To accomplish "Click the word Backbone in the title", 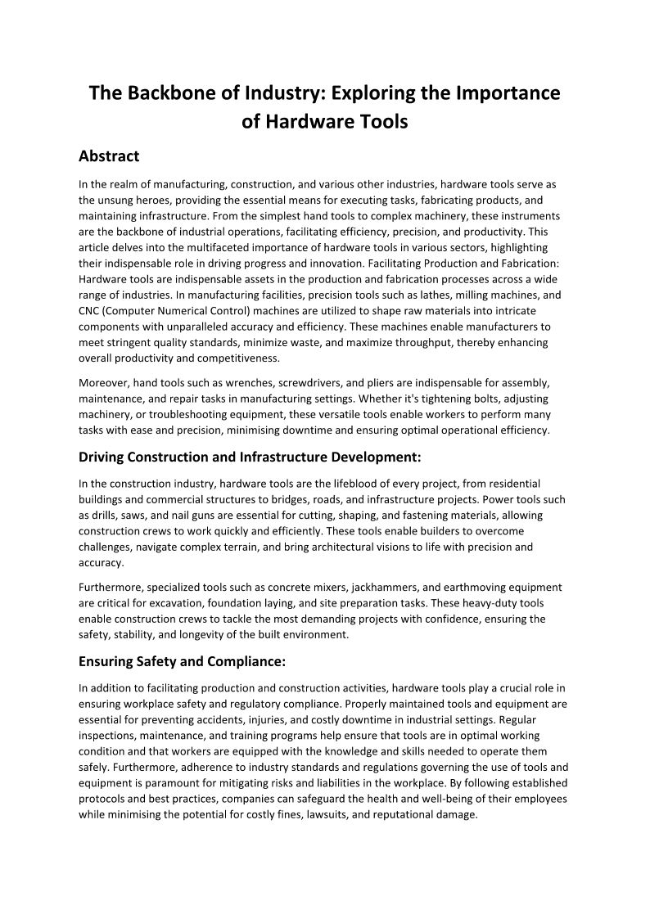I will [x=173, y=92].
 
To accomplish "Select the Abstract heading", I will [x=109, y=155].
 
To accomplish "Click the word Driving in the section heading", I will [x=104, y=457].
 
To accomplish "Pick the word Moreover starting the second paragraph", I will [x=104, y=382].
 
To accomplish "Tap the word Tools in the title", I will [x=381, y=122].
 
